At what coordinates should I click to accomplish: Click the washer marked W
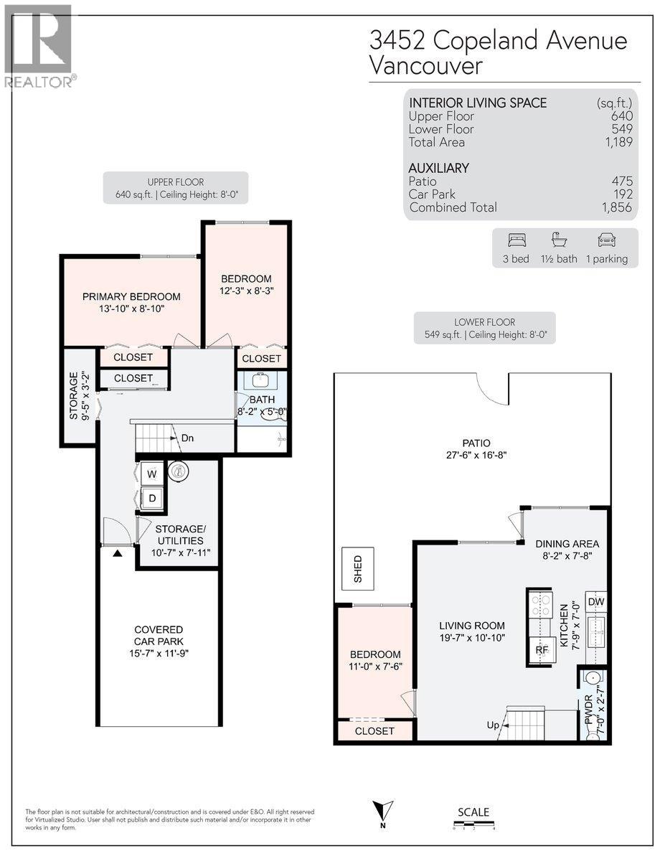pos(151,474)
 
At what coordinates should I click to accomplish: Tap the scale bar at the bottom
pos(473,827)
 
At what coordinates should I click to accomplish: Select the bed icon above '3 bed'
pos(516,240)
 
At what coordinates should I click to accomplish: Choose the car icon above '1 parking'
pos(606,240)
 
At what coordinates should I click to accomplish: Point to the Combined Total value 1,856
pos(617,207)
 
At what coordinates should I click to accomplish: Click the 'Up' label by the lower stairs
pos(493,725)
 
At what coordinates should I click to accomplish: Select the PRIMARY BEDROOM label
pos(131,296)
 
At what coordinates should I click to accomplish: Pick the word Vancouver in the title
pos(426,66)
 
